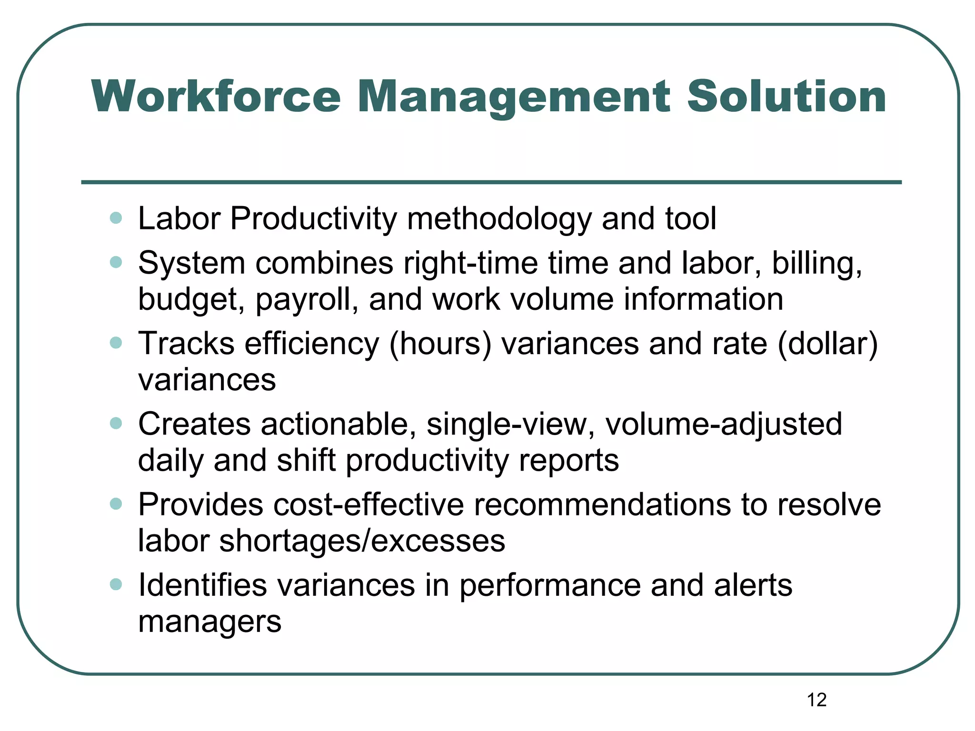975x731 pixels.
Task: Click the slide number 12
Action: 816,700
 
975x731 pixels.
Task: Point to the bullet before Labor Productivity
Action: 116,218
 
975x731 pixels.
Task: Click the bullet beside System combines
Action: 116,262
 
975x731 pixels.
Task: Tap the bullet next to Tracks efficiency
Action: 116,343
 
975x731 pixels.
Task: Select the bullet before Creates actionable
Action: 116,423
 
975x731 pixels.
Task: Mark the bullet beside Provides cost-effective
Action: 116,504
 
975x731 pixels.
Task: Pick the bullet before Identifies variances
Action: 116,584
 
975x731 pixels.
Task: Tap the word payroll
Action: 307,300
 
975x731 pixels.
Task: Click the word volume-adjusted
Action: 723,424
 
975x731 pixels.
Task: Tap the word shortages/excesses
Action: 362,541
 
